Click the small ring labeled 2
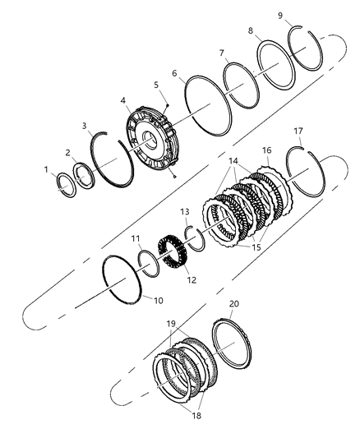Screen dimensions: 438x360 click(x=83, y=175)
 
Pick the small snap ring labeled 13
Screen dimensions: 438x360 click(x=194, y=238)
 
